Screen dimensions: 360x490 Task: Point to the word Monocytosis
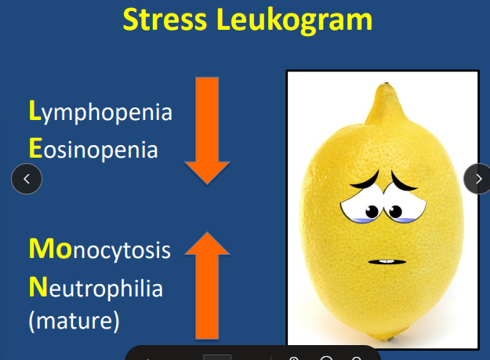tap(100, 250)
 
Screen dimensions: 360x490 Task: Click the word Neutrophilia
tap(96, 288)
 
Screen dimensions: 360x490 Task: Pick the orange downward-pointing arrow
tap(207, 129)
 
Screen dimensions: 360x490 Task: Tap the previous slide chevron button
tap(27, 179)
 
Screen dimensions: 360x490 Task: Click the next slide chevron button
tap(478, 179)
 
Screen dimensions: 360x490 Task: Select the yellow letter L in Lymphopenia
tap(34, 112)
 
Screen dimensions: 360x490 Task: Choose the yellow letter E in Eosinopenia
tap(34, 148)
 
